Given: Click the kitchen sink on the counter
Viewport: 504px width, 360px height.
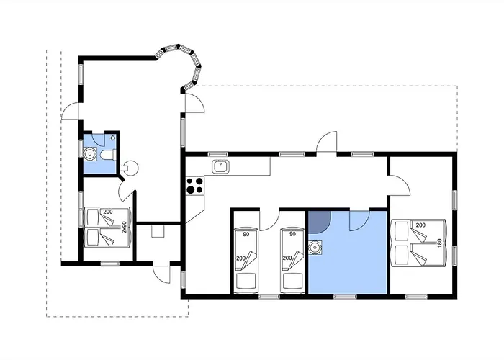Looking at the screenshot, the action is point(220,167).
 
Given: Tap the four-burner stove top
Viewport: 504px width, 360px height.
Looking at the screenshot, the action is point(195,186).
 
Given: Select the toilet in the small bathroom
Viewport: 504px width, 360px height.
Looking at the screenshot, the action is point(108,155).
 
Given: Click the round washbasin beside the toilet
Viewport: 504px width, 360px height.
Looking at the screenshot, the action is point(90,154).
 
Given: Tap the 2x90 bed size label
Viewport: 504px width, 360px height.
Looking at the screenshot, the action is point(125,227).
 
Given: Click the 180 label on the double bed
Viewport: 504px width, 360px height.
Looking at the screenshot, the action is point(440,243).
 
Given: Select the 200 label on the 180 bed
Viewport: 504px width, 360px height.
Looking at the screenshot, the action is point(420,225).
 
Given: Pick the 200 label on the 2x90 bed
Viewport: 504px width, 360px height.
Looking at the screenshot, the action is point(108,212).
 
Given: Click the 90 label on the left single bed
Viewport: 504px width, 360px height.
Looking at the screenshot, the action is point(246,234).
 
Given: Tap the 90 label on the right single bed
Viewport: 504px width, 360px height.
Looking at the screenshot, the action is point(292,234).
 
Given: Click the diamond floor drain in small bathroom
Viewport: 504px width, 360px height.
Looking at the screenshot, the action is point(113,138).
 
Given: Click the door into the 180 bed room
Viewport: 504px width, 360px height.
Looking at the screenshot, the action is point(400,186).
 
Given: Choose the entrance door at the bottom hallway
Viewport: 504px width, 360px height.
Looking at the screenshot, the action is point(162,273).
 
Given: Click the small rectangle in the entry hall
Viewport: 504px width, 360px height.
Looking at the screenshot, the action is point(158,231).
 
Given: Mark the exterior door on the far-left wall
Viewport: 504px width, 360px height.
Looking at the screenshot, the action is point(70,111).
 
